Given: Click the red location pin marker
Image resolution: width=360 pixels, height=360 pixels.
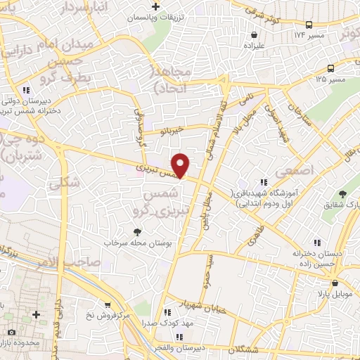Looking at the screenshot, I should [x=181, y=165].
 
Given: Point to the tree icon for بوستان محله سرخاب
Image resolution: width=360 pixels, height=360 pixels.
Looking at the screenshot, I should [x=138, y=231].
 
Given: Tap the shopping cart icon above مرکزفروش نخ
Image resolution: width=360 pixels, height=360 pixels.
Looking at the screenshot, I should [x=107, y=305].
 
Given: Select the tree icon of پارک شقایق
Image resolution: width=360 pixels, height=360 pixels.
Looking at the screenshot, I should [x=343, y=193].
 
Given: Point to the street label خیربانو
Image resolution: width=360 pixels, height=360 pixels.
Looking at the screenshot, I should [x=171, y=130].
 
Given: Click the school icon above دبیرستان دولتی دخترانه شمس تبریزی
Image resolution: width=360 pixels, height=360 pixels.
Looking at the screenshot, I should [x=26, y=90].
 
